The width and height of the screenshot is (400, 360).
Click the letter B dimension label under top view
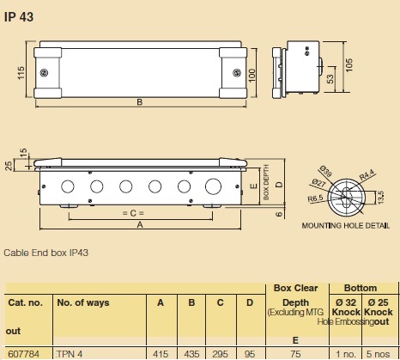(x=139, y=105)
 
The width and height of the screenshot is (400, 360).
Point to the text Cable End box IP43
(x=45, y=253)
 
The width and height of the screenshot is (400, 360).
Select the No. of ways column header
(x=82, y=302)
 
